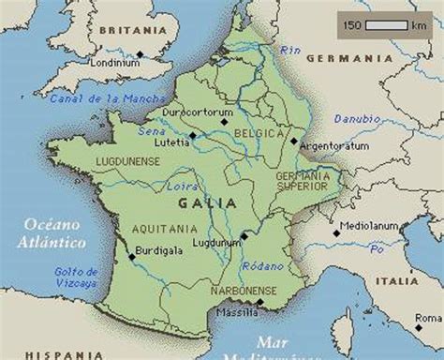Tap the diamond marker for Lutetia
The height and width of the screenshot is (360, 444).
point(192,136)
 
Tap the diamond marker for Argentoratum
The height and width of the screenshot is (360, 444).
point(293,142)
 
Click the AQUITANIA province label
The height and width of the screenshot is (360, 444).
point(163,228)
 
